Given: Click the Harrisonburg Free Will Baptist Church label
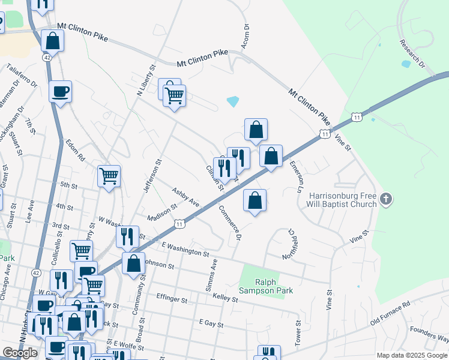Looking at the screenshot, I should (x=343, y=200).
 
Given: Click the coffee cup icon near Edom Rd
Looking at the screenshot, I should (x=60, y=92).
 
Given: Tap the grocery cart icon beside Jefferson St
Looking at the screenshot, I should (x=109, y=176).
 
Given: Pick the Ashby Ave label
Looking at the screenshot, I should (x=185, y=197).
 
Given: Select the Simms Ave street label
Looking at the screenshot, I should (x=211, y=275).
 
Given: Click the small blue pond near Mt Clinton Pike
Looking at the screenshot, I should (x=233, y=101).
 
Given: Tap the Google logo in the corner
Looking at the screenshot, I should (x=20, y=353).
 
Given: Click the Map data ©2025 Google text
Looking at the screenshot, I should (x=412, y=355).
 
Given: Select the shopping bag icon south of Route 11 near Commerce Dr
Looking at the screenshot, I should (x=255, y=200).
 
